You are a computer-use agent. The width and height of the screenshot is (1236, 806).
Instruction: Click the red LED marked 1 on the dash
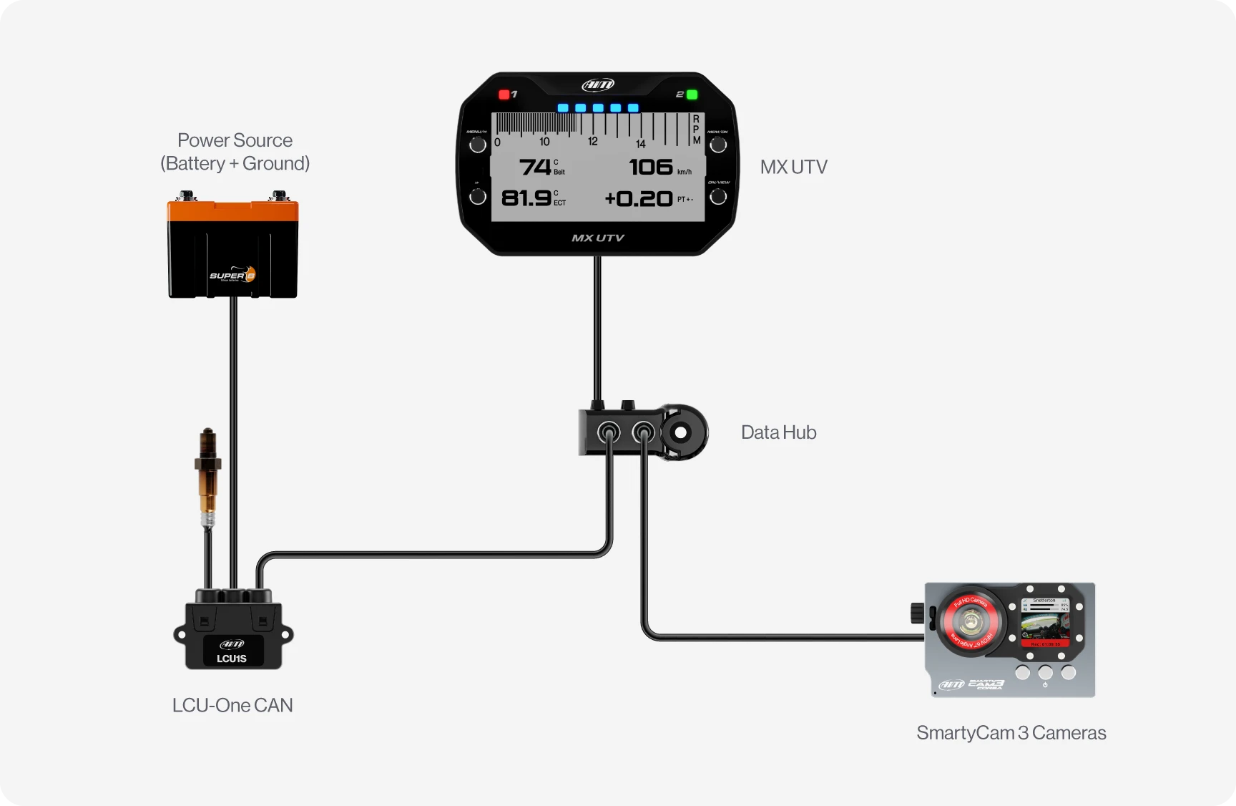(x=504, y=94)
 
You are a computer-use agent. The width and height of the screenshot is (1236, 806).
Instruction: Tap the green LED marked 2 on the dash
(x=692, y=94)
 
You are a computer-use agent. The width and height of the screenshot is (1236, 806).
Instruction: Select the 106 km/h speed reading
(x=651, y=167)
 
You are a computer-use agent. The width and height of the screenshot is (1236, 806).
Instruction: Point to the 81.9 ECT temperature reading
(x=526, y=198)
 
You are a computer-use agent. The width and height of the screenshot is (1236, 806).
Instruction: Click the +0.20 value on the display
(x=639, y=198)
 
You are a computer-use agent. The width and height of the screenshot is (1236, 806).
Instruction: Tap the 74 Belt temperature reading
(x=535, y=167)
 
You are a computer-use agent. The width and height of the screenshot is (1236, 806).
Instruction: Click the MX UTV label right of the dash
(x=793, y=167)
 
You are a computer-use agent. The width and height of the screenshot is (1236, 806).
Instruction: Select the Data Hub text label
(x=778, y=432)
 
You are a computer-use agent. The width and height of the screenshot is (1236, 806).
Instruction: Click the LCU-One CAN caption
(x=232, y=705)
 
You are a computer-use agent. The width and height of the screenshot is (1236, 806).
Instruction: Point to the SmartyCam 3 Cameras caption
(x=1011, y=733)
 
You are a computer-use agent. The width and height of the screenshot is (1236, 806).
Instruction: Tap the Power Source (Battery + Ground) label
(x=235, y=152)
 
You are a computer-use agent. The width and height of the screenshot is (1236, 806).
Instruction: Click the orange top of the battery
(x=232, y=211)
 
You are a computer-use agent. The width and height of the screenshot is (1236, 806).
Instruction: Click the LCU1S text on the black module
(x=232, y=659)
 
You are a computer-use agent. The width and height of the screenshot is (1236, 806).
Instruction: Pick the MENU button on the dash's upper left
(x=478, y=145)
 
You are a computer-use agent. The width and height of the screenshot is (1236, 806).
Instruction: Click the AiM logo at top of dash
(x=598, y=85)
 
